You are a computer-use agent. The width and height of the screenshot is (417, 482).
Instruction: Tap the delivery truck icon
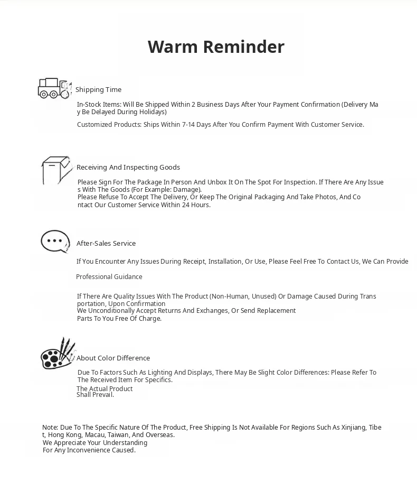[54, 88]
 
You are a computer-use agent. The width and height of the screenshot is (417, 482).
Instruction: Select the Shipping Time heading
[98, 90]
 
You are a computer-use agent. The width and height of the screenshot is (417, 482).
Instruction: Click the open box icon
[56, 170]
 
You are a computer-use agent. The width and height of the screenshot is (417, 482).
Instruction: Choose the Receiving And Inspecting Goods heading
[128, 168]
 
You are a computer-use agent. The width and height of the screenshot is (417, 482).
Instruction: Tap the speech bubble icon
[55, 242]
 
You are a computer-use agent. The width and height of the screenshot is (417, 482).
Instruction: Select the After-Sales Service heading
[106, 244]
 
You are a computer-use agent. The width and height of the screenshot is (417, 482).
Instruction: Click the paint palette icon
[58, 354]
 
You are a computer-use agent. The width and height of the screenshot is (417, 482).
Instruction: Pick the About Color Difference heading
[113, 358]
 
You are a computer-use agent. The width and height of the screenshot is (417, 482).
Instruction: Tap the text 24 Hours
[196, 205]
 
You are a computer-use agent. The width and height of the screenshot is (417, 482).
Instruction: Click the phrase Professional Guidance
[109, 277]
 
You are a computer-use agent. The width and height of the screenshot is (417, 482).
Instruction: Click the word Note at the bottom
[50, 428]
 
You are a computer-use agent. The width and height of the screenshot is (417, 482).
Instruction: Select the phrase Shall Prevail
[95, 395]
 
